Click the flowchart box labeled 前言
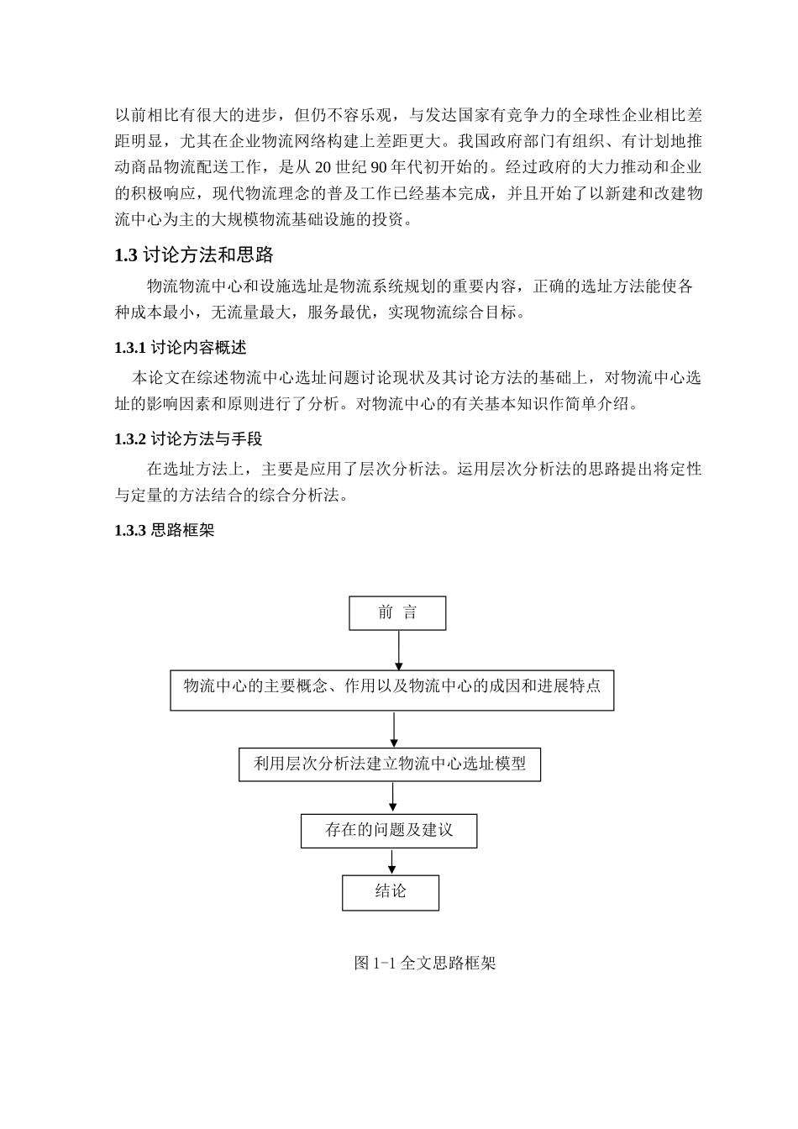(397, 613)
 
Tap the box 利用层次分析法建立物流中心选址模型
(390, 764)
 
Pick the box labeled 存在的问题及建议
(389, 831)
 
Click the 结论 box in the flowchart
(391, 892)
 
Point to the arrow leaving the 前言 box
(398, 650)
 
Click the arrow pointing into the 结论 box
(391, 862)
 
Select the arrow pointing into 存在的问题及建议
(393, 798)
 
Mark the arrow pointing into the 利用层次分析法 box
(394, 729)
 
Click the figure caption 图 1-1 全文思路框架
(425, 963)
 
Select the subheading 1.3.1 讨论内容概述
(181, 347)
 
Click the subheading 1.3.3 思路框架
(165, 530)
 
